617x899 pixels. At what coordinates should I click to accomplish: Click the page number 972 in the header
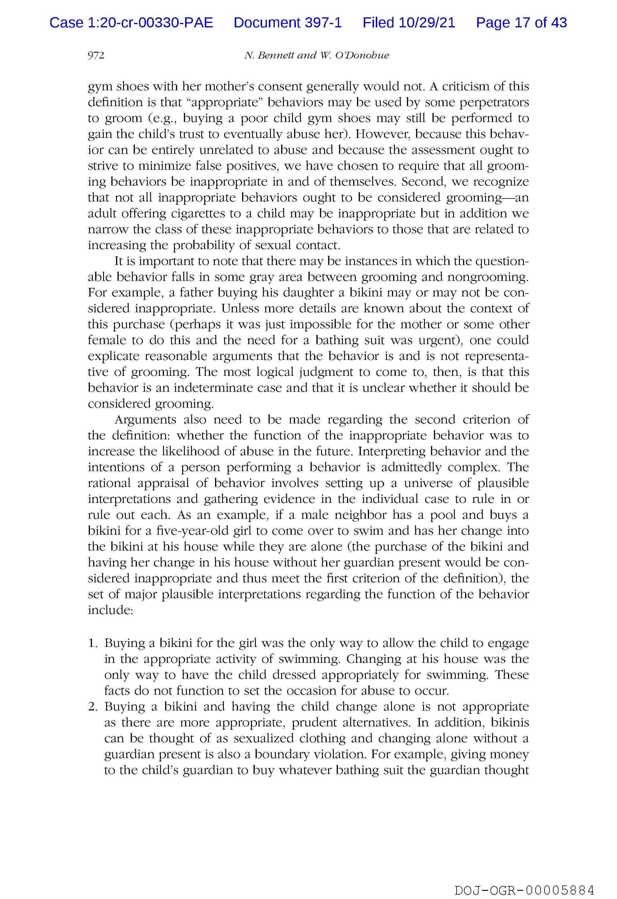coord(96,56)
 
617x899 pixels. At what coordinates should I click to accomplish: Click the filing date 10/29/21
coord(427,23)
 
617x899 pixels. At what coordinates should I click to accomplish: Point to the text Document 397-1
coord(288,23)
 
